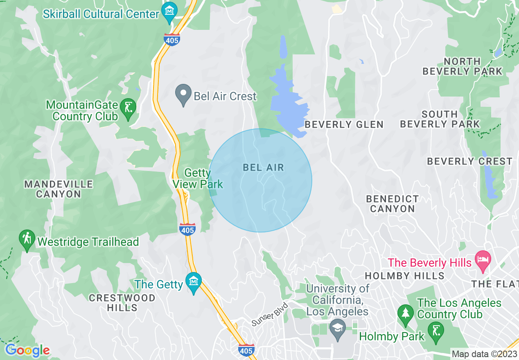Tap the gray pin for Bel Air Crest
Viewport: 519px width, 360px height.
(x=183, y=94)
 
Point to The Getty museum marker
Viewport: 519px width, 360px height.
(x=193, y=281)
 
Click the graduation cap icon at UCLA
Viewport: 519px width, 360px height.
(x=338, y=329)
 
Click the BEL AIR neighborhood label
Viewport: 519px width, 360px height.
(x=263, y=167)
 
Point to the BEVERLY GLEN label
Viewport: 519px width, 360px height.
(x=344, y=124)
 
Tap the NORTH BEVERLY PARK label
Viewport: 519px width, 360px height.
(x=462, y=66)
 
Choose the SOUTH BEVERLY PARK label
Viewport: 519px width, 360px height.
(x=440, y=119)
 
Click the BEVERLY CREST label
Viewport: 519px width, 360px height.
(x=469, y=162)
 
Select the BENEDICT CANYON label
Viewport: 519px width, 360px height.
(x=392, y=204)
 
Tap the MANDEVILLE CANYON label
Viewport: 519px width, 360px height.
(x=59, y=189)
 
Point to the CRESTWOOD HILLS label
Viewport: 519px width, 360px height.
(x=122, y=303)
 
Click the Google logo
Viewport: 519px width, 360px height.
(x=27, y=350)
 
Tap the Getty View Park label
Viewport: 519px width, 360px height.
(x=198, y=179)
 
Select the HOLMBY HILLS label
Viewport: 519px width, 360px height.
(x=404, y=276)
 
